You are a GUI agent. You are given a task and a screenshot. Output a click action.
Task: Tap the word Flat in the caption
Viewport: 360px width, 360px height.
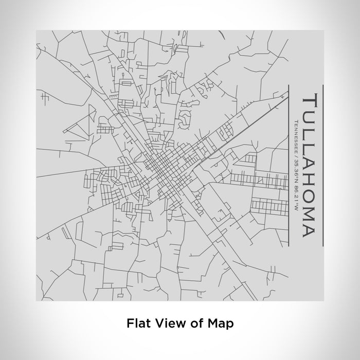tap(138, 324)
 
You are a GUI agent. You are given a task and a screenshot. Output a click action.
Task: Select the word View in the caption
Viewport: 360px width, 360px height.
tap(165, 324)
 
